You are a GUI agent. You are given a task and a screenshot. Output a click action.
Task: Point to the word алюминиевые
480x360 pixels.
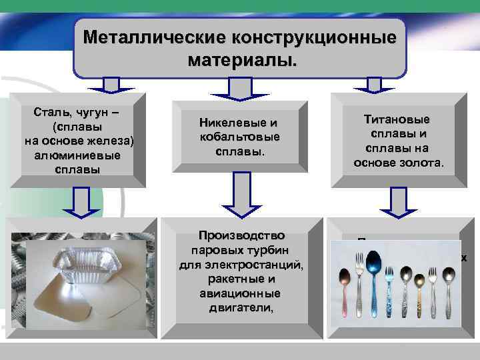click(79, 155)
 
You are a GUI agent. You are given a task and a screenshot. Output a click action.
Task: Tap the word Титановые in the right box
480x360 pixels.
click(397, 119)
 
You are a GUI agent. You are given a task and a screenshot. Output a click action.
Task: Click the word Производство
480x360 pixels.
click(239, 235)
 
